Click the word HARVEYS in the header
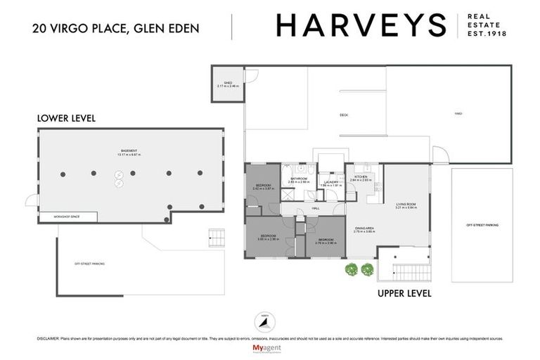coord(361,25)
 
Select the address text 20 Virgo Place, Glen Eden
coord(115,28)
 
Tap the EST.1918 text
coord(487,33)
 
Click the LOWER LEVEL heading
coord(66,118)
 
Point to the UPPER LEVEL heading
coord(404,292)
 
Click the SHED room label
coord(228,83)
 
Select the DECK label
coord(344,115)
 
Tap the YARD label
coord(456,113)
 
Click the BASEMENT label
coord(128,151)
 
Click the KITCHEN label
coord(361,177)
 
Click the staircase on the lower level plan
coord(216,237)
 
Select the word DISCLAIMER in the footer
coord(50,338)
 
